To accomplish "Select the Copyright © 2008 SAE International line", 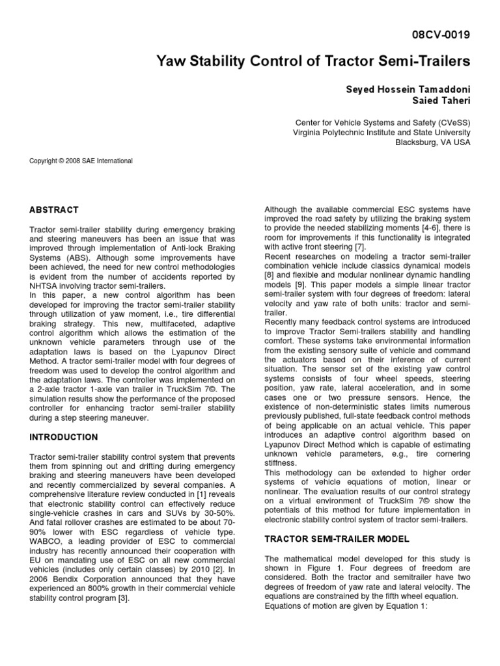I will [x=81, y=161].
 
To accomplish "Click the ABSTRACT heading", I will [x=54, y=210].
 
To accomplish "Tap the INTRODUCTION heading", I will [x=64, y=437].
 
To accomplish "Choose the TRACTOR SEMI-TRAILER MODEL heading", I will [x=336, y=539].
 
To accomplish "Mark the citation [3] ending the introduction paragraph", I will [x=124, y=599].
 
